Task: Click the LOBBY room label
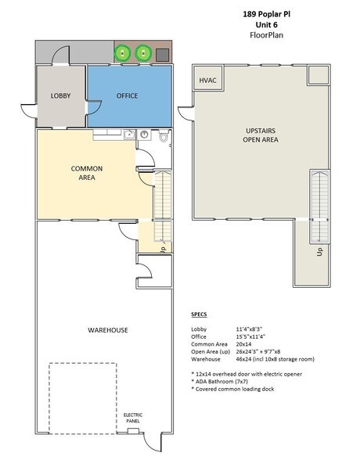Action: pos(60,95)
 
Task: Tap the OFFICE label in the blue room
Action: pos(127,95)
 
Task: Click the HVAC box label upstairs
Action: pos(207,80)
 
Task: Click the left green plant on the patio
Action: pos(124,53)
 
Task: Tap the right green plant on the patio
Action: pos(143,53)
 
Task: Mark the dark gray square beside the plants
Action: pos(163,54)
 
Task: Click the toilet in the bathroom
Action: pos(163,138)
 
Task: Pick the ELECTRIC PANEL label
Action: pos(134,418)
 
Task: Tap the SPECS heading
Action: pos(200,314)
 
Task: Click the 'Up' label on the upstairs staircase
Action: pos(319,253)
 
